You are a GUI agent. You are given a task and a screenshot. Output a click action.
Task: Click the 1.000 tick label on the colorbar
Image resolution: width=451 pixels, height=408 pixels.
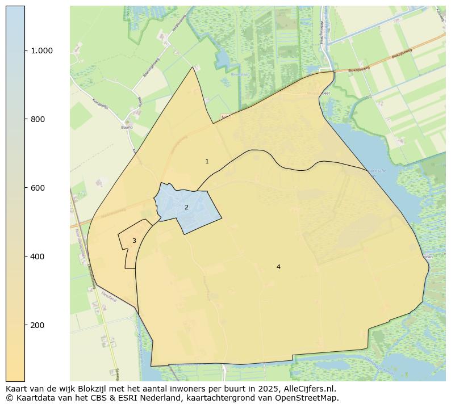click(x=41, y=51)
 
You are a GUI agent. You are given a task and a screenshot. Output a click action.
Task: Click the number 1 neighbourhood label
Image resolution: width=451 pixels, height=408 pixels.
click(x=207, y=162)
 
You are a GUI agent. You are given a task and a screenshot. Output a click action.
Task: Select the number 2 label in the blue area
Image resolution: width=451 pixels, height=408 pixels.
click(x=186, y=208)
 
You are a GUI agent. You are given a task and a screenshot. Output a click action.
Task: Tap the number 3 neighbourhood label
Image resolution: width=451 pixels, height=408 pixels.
click(x=134, y=241)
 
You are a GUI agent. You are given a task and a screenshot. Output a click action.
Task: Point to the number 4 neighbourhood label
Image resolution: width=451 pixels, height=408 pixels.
click(x=278, y=267)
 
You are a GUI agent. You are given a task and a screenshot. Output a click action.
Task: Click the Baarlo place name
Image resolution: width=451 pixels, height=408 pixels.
click(x=127, y=128)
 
